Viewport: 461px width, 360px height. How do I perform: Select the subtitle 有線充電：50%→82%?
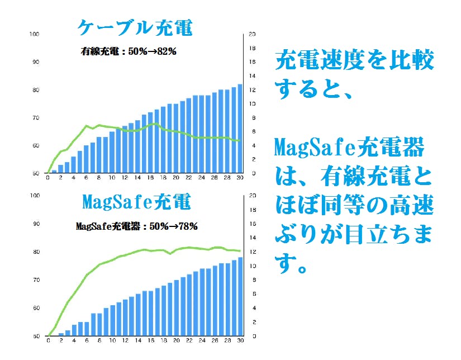tap(129, 52)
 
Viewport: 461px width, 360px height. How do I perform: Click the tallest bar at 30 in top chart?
tap(240, 129)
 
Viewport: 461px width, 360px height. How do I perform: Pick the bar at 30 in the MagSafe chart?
tap(240, 297)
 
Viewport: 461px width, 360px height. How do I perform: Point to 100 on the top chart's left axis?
tap(35, 34)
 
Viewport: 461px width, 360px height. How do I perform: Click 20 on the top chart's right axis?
tap(252, 34)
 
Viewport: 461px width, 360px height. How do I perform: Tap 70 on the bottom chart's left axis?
tap(36, 280)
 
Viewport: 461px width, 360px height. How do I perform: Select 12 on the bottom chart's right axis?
tap(253, 252)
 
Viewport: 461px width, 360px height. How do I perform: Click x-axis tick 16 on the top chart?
tap(150, 179)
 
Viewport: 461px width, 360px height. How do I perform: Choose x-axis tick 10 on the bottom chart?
tap(112, 340)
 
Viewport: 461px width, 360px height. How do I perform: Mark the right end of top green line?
tap(240, 141)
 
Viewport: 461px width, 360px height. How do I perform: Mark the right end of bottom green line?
tap(240, 251)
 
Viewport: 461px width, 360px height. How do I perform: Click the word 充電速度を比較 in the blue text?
tap(354, 60)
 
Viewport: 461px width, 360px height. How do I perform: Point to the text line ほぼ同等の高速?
tap(354, 206)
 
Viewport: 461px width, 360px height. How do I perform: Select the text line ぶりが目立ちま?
tap(354, 235)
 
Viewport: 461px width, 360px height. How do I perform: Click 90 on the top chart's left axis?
tap(36, 62)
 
